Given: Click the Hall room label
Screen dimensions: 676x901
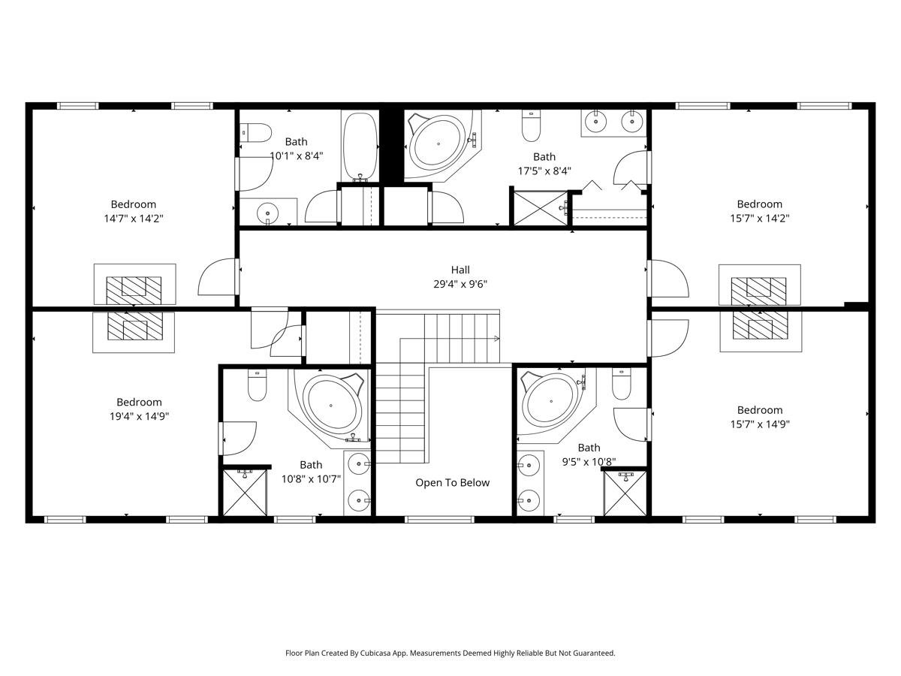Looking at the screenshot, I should [x=460, y=270].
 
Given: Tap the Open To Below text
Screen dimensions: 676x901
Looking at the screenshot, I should [x=452, y=483].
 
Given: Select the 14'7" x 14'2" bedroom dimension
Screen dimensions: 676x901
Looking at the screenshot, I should [x=134, y=219].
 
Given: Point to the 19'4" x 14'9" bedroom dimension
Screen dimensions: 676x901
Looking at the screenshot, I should [x=138, y=416].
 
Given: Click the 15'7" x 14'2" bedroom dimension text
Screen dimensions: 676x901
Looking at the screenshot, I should [x=759, y=219].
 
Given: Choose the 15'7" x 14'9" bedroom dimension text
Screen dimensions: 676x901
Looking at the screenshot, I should [x=759, y=424].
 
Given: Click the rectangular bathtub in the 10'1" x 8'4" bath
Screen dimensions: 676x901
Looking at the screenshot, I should [x=359, y=145].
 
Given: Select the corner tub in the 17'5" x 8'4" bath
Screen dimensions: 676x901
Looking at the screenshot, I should [x=438, y=144].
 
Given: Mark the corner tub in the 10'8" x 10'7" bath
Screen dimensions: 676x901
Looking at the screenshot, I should [x=330, y=406].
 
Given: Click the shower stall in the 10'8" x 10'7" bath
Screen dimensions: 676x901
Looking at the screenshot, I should [x=245, y=493].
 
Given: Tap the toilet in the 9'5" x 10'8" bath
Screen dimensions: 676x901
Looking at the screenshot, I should [x=621, y=385].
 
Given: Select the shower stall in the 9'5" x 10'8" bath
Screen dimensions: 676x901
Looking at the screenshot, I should [x=625, y=494].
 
